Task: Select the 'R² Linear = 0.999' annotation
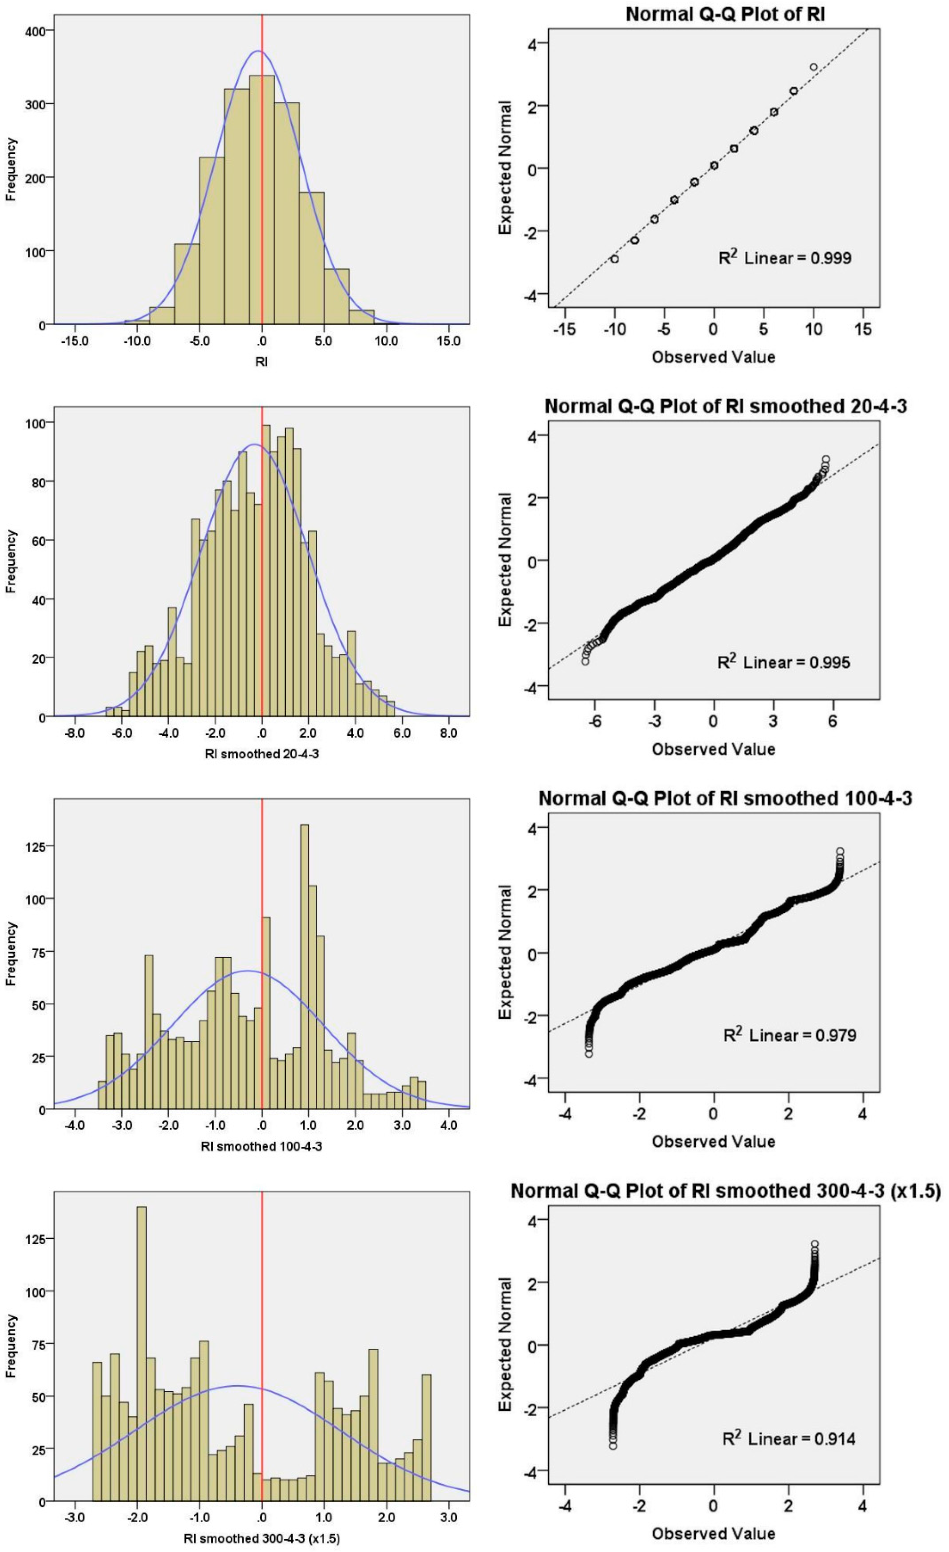click(785, 258)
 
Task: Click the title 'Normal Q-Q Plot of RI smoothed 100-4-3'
click(725, 799)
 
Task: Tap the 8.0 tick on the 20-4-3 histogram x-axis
click(448, 733)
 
